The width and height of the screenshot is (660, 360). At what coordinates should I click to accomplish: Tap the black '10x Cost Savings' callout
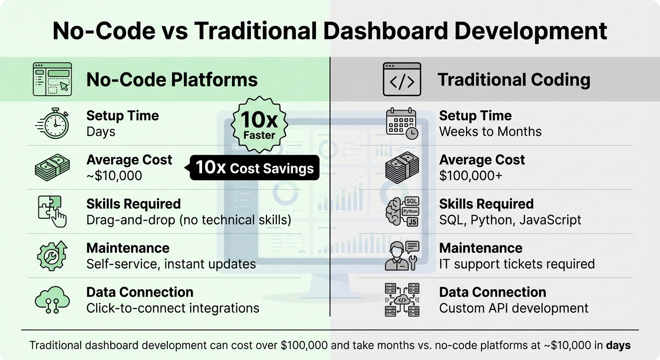pos(254,167)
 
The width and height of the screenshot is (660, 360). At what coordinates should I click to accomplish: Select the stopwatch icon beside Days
pos(52,124)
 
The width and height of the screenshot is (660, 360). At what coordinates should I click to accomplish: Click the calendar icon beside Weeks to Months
pos(402,123)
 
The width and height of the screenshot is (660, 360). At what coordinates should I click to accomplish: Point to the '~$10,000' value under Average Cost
pos(114,176)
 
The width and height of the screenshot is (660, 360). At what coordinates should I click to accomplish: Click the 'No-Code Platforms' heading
pos(172,80)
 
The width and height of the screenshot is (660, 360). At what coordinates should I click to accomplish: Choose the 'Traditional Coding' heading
pos(514,80)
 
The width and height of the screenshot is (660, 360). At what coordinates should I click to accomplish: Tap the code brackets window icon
pos(402,80)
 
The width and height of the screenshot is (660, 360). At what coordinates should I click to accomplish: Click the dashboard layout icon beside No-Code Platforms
pos(52,79)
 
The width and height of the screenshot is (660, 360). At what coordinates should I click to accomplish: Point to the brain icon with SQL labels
pos(402,211)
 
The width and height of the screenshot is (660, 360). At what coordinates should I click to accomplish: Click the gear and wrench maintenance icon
pos(52,255)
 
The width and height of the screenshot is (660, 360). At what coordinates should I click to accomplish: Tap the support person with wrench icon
pos(402,255)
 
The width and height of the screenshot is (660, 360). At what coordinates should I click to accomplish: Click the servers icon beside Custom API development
pos(402,300)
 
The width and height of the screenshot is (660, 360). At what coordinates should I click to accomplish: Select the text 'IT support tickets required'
pos(517,264)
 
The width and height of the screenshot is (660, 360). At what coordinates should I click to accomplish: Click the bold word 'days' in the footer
pos(618,345)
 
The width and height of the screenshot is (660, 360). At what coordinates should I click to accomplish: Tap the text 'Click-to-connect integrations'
pos(172,308)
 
